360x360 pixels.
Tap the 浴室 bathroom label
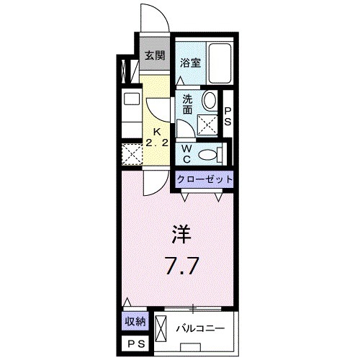[190, 62]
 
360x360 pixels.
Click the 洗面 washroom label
[186, 104]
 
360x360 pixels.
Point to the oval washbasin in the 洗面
[209, 102]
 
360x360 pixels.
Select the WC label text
[186, 153]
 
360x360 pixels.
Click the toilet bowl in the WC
[208, 153]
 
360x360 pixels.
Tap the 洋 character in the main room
[181, 235]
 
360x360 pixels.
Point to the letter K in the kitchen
[155, 132]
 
